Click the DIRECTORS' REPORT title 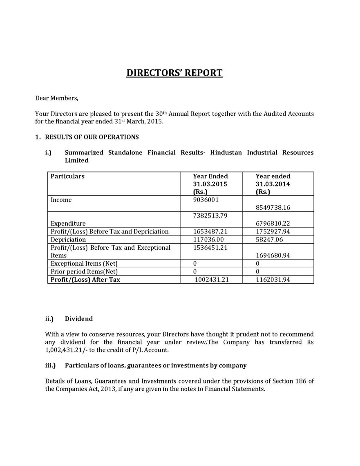click(174, 73)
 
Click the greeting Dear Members click(56, 98)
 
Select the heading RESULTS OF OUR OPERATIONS click(92, 137)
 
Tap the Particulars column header click(67, 176)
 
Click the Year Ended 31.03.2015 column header click(210, 184)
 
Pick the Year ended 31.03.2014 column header click(273, 184)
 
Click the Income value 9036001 click(206, 200)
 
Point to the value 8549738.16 click(273, 208)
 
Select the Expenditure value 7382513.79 click(210, 215)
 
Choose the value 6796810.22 click(273, 224)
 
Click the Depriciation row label click(68, 240)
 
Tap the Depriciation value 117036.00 click(208, 240)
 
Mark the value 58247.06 click(269, 240)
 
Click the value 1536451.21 click(210, 248)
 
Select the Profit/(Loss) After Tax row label click(85, 280)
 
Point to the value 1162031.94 click(273, 280)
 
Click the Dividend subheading click(79, 319)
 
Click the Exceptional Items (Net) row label click(84, 264)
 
